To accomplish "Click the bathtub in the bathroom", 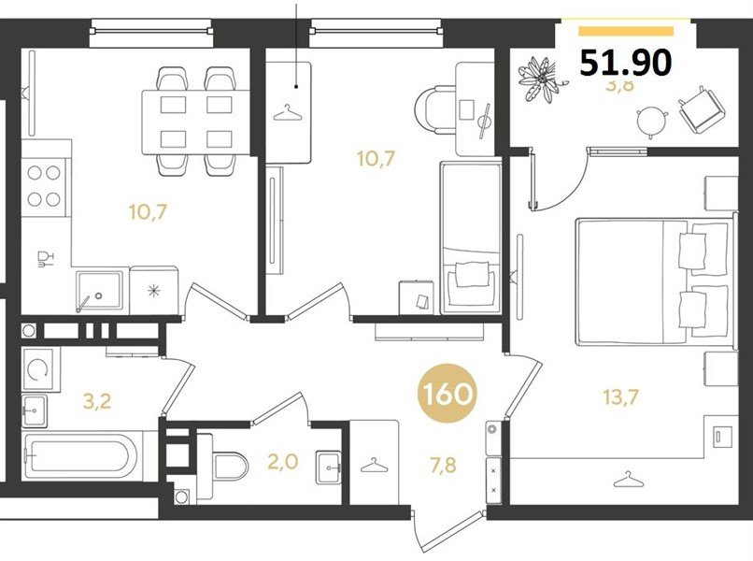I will tap(80, 455).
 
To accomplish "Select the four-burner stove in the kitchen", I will tap(45, 185).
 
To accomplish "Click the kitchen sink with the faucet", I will tap(99, 290).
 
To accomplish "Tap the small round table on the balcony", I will tap(651, 119).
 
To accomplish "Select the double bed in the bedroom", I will tap(651, 280).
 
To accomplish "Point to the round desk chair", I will tap(433, 107).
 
